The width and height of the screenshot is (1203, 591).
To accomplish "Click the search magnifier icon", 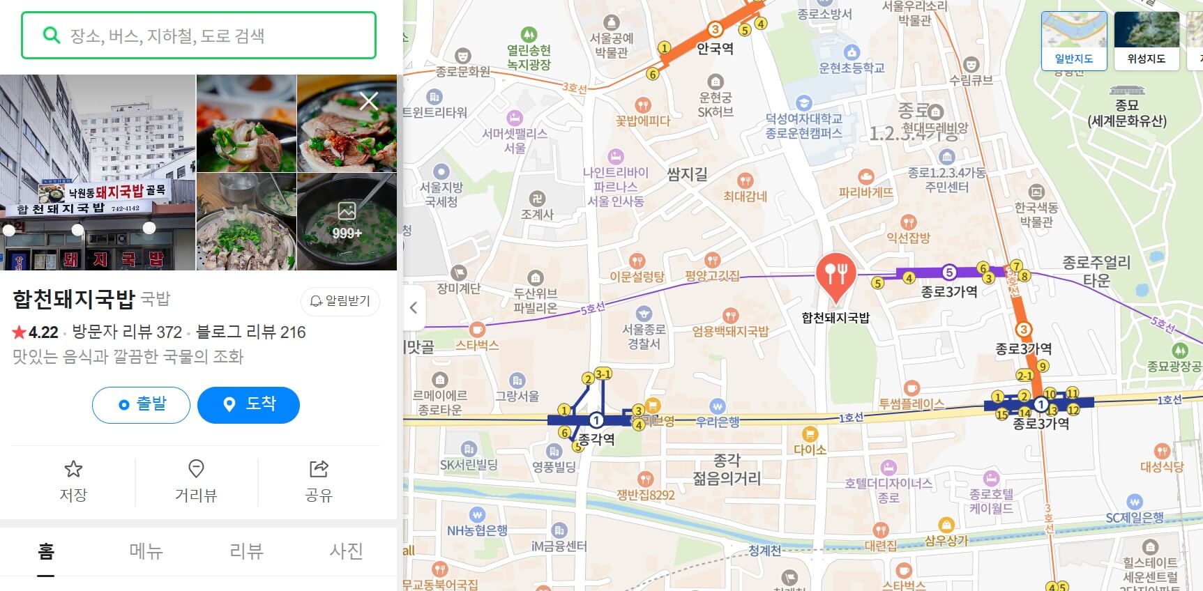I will pyautogui.click(x=51, y=35).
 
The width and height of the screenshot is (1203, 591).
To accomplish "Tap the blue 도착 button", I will pyautogui.click(x=248, y=404).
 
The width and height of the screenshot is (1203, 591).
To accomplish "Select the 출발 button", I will pyautogui.click(x=141, y=404).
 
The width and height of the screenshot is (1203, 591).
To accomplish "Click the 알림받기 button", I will pyautogui.click(x=340, y=301).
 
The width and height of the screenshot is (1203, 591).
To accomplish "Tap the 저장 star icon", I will pyautogui.click(x=73, y=469).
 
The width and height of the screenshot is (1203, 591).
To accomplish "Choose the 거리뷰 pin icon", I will pyautogui.click(x=196, y=468).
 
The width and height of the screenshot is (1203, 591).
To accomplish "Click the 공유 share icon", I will pyautogui.click(x=319, y=469).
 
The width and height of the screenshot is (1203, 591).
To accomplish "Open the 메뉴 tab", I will pyautogui.click(x=146, y=551).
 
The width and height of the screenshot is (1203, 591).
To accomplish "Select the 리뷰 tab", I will pyautogui.click(x=246, y=551).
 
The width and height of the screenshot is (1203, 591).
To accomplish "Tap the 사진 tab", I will pyautogui.click(x=347, y=551).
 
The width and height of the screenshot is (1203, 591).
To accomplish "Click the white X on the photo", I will pyautogui.click(x=369, y=102).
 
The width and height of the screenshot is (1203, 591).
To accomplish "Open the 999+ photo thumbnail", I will pyautogui.click(x=347, y=221).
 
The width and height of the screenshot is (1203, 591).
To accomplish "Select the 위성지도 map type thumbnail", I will pyautogui.click(x=1147, y=40).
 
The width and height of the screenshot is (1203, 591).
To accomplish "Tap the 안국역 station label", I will pyautogui.click(x=715, y=49).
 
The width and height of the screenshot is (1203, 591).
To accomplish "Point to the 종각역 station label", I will pyautogui.click(x=596, y=440).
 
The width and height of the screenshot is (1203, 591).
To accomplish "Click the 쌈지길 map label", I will pyautogui.click(x=687, y=174).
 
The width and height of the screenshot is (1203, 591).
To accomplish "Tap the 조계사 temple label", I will pyautogui.click(x=537, y=215).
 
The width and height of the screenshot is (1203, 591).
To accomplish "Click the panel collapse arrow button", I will pyautogui.click(x=414, y=307).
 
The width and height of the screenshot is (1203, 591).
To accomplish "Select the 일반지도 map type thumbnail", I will pyautogui.click(x=1074, y=40).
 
